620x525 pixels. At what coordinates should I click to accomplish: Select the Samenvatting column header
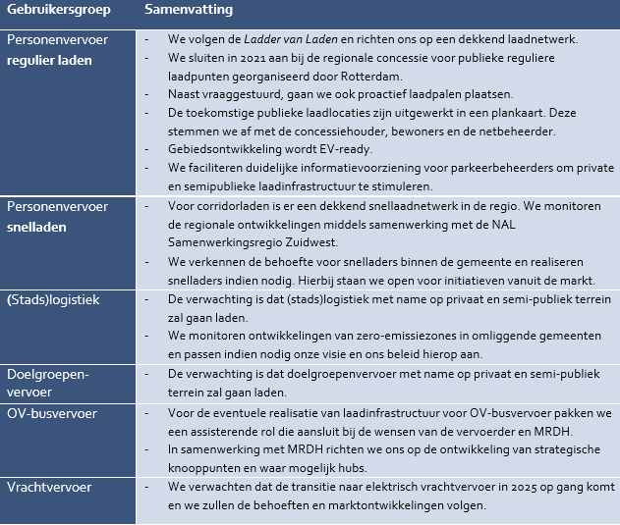click(x=188, y=12)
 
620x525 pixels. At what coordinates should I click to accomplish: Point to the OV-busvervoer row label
click(x=52, y=413)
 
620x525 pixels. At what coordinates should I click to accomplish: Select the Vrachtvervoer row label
click(x=49, y=487)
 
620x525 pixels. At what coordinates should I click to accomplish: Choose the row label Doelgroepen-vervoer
click(x=48, y=383)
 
